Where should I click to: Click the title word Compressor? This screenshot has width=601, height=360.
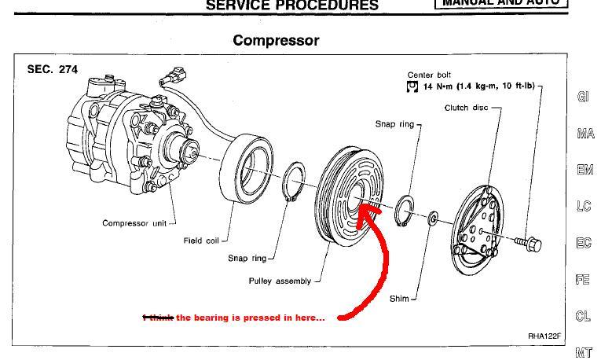pyautogui.click(x=276, y=40)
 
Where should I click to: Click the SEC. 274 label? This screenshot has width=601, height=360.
pyautogui.click(x=52, y=69)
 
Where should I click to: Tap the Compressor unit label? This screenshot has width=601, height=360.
pyautogui.click(x=136, y=223)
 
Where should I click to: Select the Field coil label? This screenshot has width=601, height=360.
pyautogui.click(x=201, y=241)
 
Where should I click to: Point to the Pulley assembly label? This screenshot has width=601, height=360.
pyautogui.click(x=279, y=281)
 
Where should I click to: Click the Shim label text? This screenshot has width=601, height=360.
pyautogui.click(x=399, y=299)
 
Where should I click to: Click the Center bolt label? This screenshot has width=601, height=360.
pyautogui.click(x=430, y=75)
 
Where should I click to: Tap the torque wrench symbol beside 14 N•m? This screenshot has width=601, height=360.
pyautogui.click(x=411, y=86)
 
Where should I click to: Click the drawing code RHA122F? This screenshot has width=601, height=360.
pyautogui.click(x=544, y=336)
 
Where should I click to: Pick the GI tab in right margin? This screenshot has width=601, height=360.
pyautogui.click(x=583, y=97)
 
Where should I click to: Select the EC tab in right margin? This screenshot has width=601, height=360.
pyautogui.click(x=583, y=243)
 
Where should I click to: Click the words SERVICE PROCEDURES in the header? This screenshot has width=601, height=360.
pyautogui.click(x=291, y=5)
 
